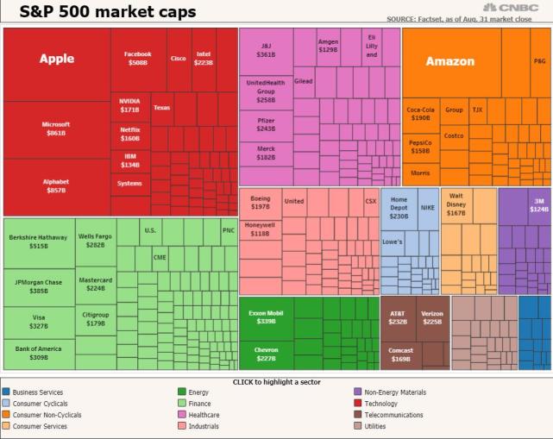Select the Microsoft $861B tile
pos(56,129)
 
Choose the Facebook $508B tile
pos(138,59)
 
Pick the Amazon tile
pos(450,62)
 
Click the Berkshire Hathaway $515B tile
pos(38,241)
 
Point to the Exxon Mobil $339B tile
pos(266,317)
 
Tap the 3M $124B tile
pos(538,205)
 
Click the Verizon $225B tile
pos(432,318)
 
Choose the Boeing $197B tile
pos(260,203)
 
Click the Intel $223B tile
pos(204,59)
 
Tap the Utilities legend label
pos(375,426)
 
